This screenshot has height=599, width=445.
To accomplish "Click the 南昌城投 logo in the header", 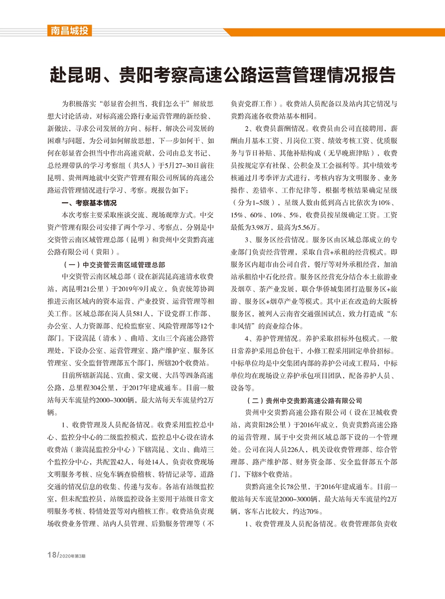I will [x=69, y=31].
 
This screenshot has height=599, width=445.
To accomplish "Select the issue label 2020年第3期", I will [x=72, y=556].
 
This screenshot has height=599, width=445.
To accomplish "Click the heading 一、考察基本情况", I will [x=89, y=203].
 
